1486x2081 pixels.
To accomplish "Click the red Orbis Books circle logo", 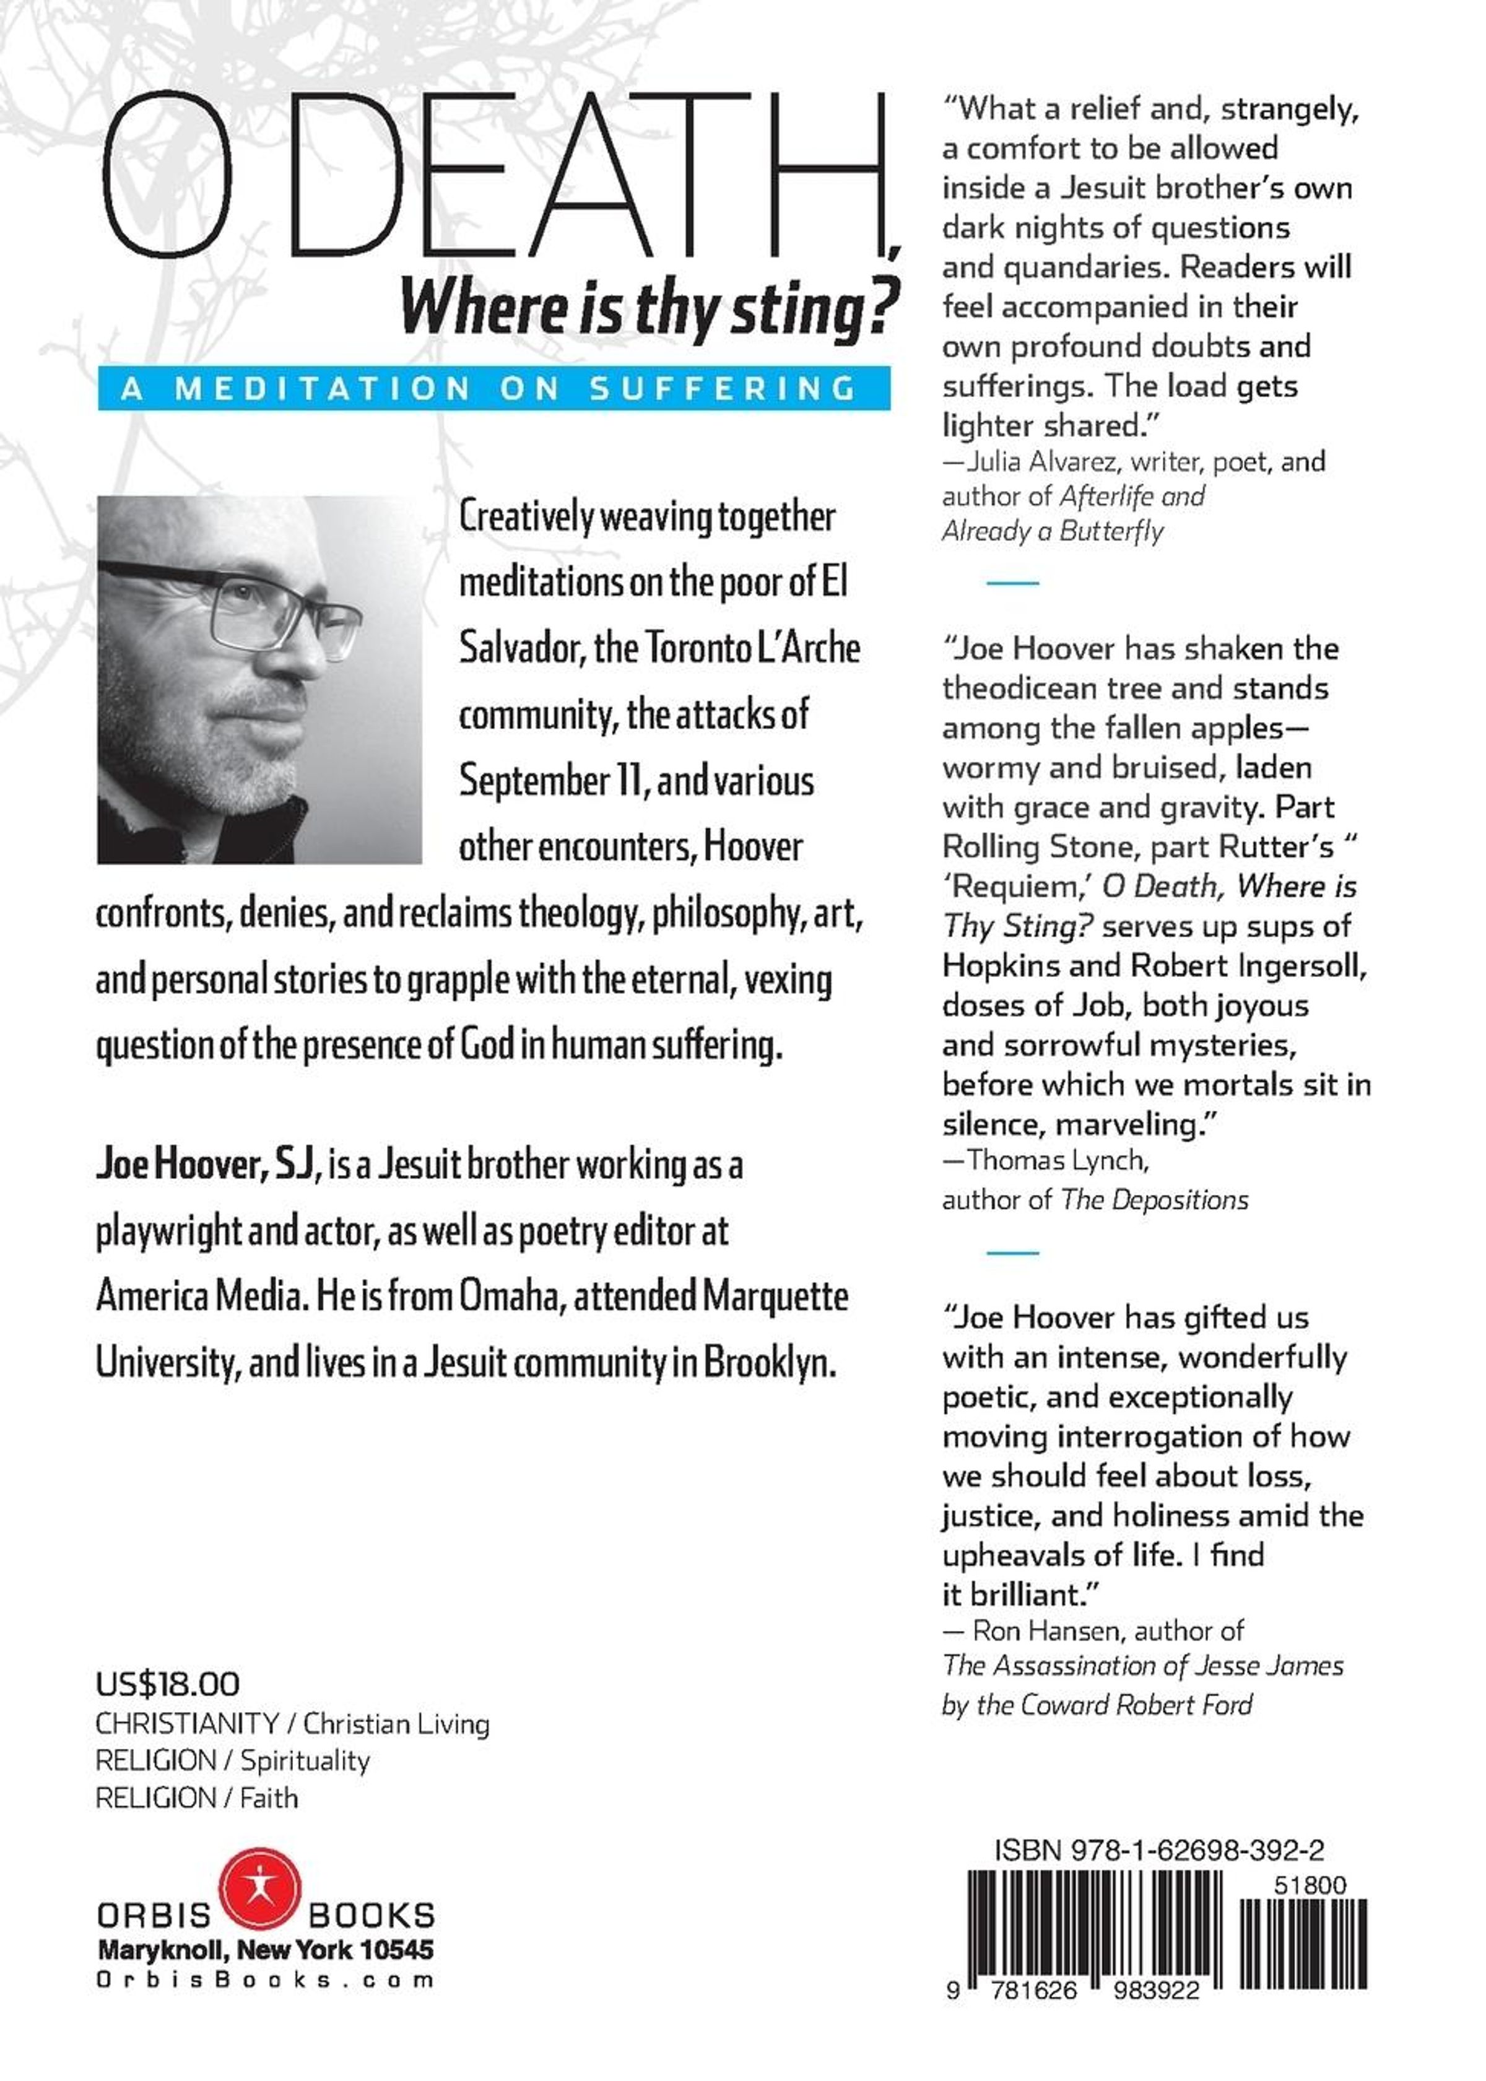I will pyautogui.click(x=260, y=1887).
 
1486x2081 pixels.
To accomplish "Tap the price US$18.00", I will pyautogui.click(x=167, y=1684).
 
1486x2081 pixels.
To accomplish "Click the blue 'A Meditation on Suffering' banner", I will pyautogui.click(x=494, y=388).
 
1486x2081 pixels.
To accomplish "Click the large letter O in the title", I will pyautogui.click(x=167, y=174).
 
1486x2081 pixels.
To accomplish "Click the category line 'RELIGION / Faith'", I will pyautogui.click(x=197, y=1798).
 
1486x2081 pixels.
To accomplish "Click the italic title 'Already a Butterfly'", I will pyautogui.click(x=1053, y=531).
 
